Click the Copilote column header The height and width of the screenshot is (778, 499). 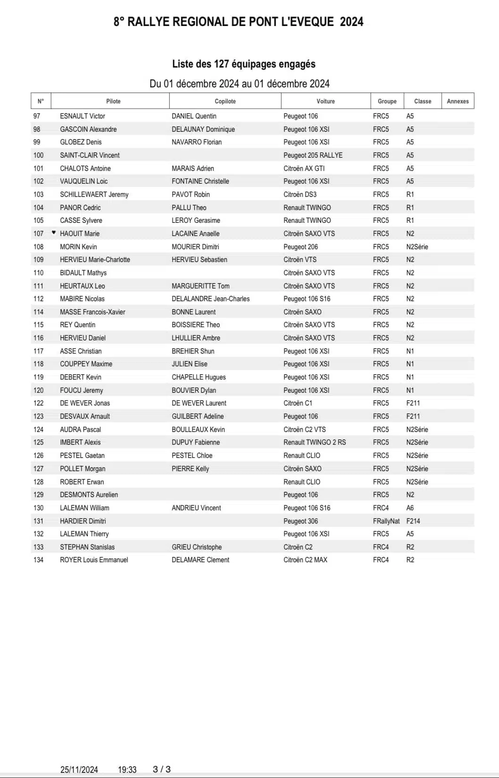225,101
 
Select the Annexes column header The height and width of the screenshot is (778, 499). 457,101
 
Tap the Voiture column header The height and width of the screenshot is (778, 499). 325,101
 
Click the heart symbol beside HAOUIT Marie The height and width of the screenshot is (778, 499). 54,233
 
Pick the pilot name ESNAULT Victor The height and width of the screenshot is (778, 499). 83,116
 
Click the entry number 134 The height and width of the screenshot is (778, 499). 38,560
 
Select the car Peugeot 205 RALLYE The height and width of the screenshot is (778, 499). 313,155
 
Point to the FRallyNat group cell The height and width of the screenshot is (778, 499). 386,521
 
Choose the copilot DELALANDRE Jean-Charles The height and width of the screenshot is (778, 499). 210,299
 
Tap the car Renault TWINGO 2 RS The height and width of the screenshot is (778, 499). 315,442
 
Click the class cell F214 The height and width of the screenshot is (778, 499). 413,521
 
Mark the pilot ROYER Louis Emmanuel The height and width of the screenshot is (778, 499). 94,560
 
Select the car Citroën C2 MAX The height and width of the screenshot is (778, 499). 305,560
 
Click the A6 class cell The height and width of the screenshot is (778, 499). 410,508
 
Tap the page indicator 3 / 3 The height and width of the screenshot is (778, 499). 162,769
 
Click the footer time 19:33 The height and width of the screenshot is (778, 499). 127,770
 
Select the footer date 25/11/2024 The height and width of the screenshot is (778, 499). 79,770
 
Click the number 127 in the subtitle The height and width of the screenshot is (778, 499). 221,64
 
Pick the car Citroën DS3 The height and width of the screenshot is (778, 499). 300,194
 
